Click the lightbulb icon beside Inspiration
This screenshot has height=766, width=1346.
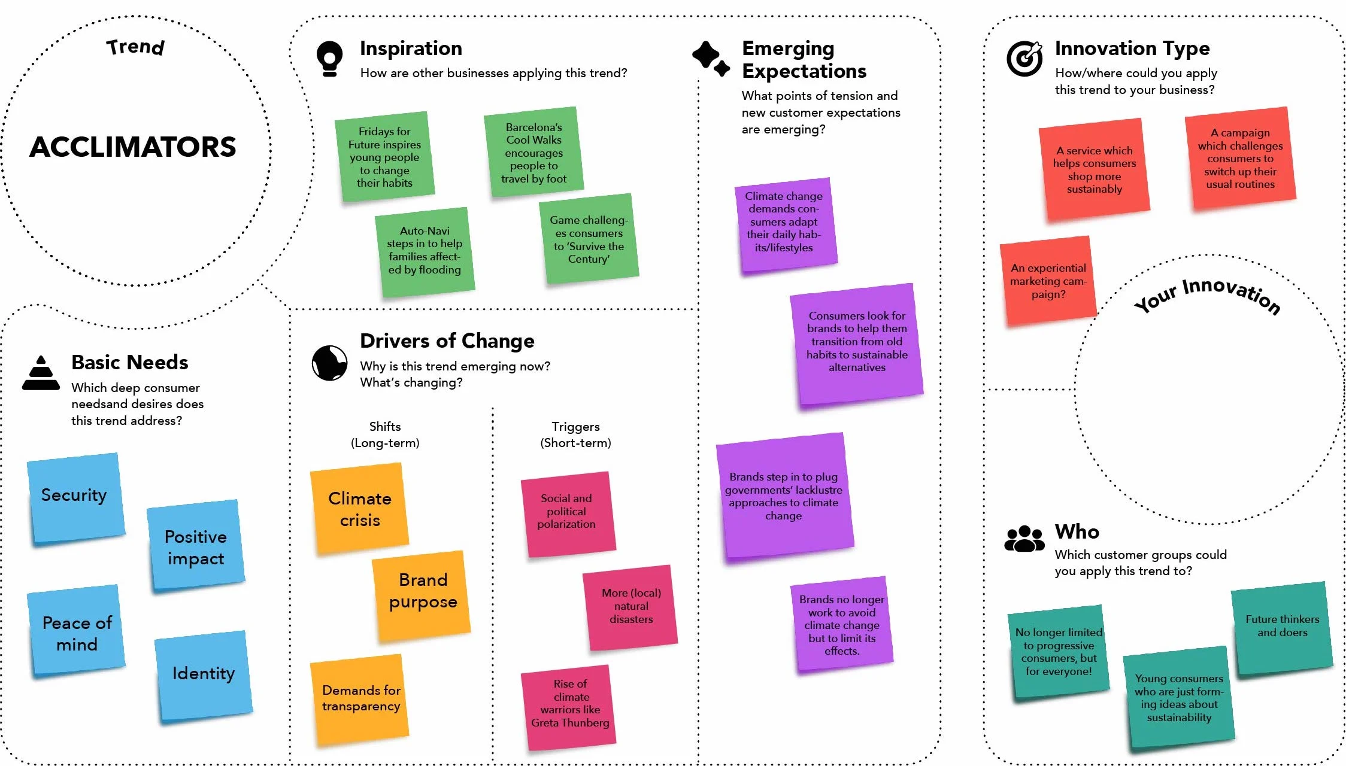pos(329,59)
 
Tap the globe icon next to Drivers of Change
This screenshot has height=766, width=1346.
pos(329,363)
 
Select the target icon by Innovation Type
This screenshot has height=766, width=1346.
pos(1024,59)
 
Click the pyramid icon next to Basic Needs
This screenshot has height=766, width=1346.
pos(41,373)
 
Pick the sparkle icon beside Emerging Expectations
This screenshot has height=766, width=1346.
pos(711,58)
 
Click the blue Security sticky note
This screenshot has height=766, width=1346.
pos(75,498)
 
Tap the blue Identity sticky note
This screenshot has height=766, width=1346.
pos(203,675)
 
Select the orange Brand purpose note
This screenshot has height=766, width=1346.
pos(422,595)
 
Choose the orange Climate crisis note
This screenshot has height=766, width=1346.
pos(359,508)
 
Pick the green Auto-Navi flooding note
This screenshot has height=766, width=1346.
pos(425,251)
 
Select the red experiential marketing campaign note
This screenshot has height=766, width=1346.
pos(1048,281)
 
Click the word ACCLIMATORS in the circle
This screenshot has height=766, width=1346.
pos(133,147)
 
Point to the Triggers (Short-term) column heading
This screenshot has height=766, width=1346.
pos(575,434)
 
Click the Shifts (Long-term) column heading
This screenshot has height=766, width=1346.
pos(385,434)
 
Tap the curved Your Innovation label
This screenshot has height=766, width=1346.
pos(1207,293)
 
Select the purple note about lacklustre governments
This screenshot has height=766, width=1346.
pos(784,497)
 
